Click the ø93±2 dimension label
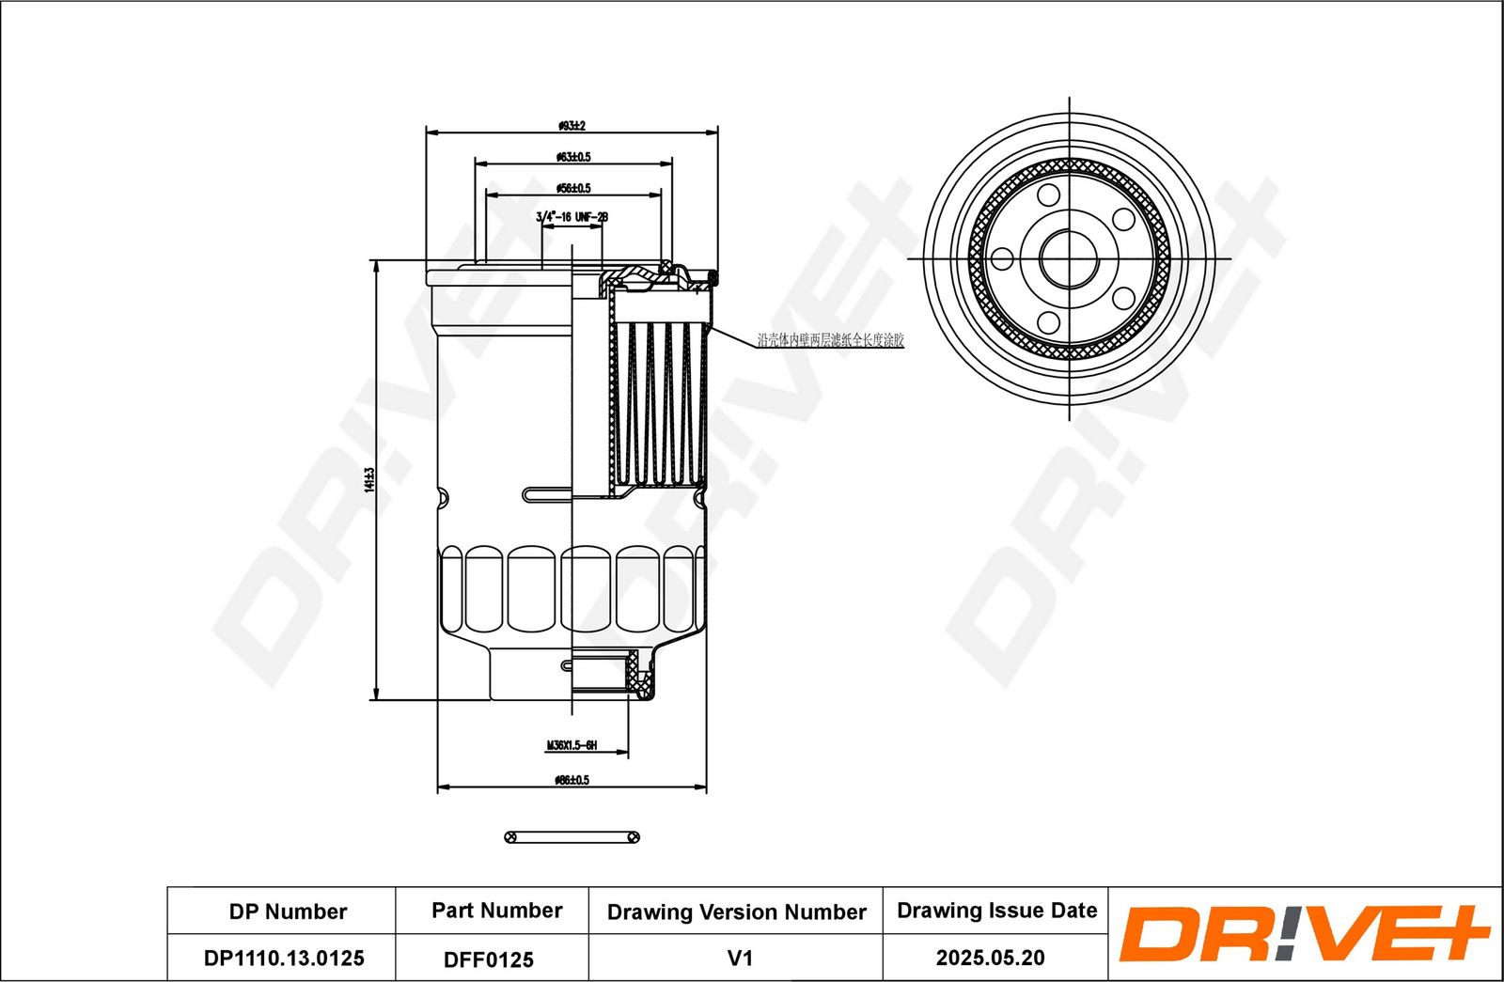pos(572,125)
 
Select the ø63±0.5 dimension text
pos(573,157)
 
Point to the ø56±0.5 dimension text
pos(573,188)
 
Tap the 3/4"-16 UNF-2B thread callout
pos(572,217)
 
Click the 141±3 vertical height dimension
pos(369,479)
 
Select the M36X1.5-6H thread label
pos(572,746)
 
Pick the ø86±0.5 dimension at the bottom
pos(572,780)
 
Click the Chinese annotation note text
pos(830,340)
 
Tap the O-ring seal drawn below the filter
pos(572,837)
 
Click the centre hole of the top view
pos(1070,258)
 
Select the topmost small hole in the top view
pos(1049,195)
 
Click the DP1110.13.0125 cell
pos(284,959)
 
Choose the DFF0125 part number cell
pos(489,959)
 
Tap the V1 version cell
pos(740,959)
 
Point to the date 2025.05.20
pos(990,958)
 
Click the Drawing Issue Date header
pos(996,911)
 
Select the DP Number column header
pos(288,912)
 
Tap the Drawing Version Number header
pos(736,912)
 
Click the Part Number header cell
pos(496,911)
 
